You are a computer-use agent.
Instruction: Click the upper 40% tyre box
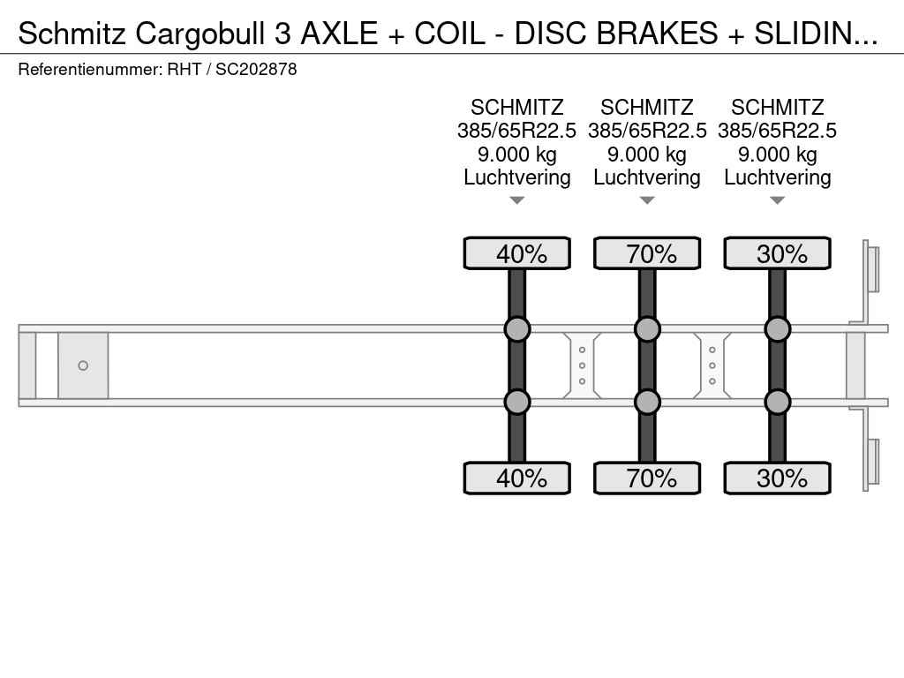point(516,253)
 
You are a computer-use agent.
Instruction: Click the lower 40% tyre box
point(516,478)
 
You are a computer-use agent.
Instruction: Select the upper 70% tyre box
point(647,253)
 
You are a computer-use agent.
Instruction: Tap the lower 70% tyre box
point(647,478)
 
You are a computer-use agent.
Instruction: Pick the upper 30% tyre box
point(777,253)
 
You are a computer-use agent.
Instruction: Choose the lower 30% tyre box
point(777,478)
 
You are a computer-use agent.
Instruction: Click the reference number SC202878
point(256,69)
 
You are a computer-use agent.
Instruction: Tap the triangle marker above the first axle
point(517,200)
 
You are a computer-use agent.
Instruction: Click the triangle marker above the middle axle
point(647,200)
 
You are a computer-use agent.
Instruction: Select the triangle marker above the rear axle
point(778,200)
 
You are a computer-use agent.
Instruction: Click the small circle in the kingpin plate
point(83,365)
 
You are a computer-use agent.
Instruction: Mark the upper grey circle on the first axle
point(517,329)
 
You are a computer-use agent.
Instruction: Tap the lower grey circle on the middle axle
point(647,402)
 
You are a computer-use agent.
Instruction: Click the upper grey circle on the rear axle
point(778,329)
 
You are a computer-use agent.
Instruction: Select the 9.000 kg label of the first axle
point(517,154)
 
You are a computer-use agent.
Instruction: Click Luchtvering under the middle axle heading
point(647,177)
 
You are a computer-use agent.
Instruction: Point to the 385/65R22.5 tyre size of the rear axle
point(777,131)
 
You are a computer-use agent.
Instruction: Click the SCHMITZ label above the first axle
point(517,108)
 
